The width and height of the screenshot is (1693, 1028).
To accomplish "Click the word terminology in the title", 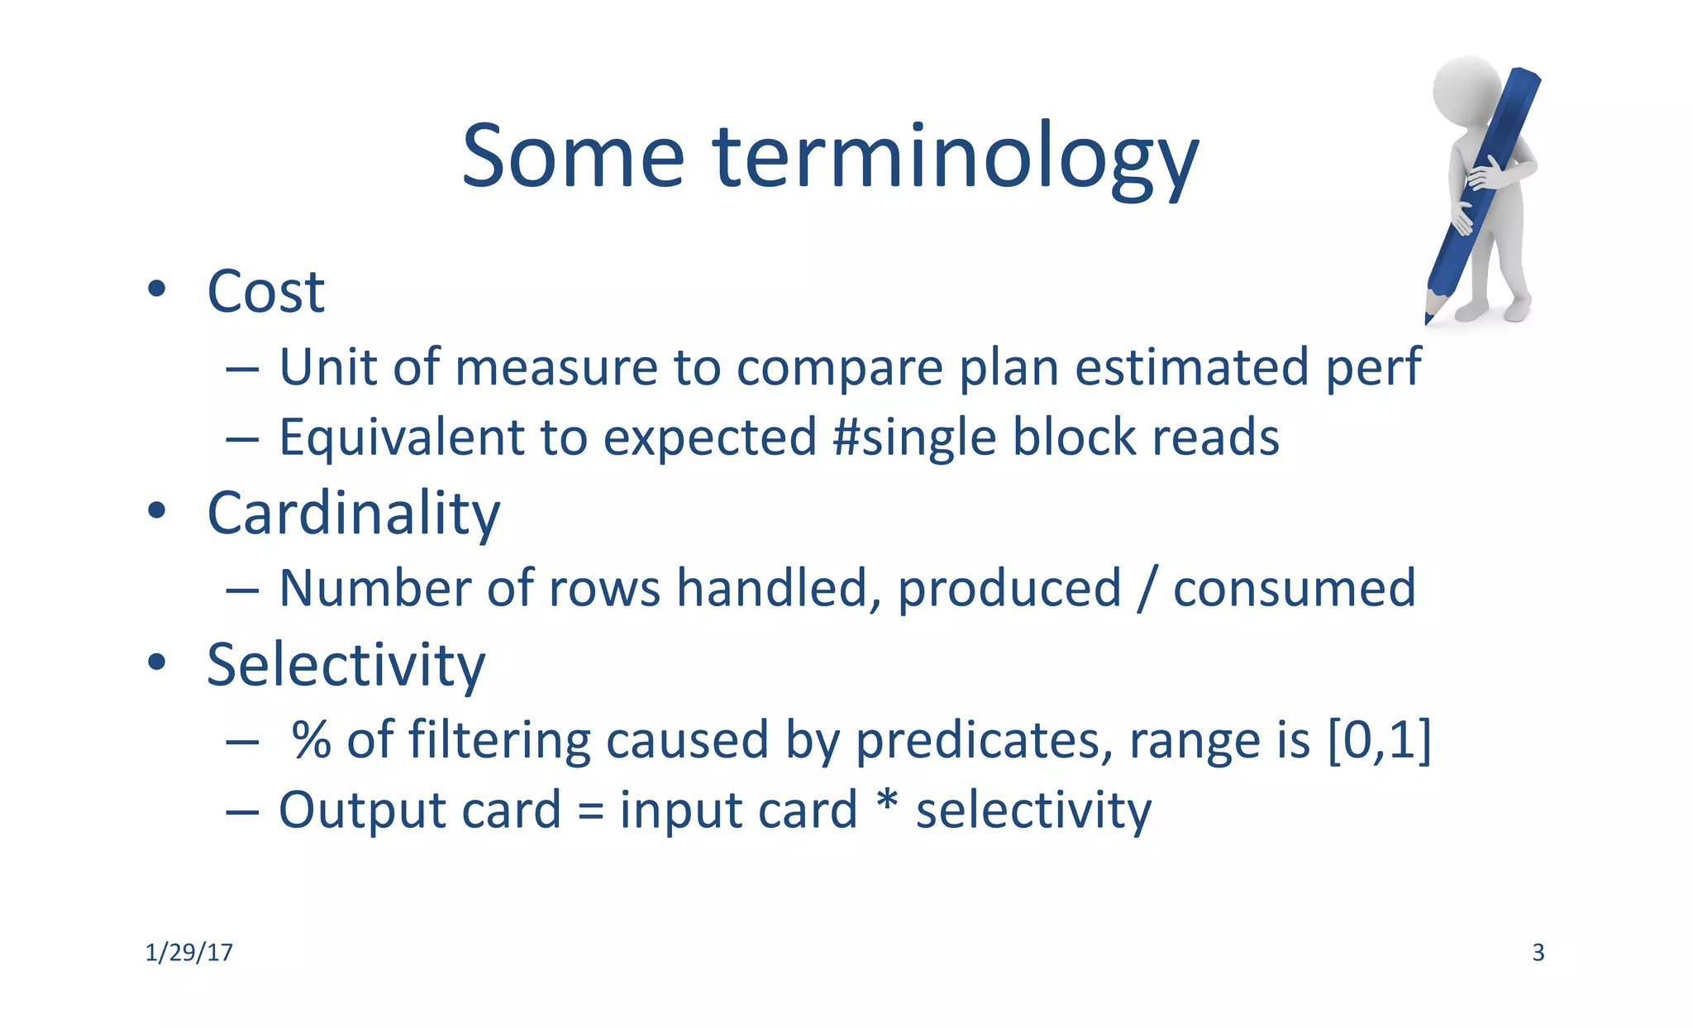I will [x=955, y=157].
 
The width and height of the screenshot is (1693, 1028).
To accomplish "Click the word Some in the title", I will [x=572, y=157].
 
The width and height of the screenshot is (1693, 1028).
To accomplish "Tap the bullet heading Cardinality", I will [x=353, y=514].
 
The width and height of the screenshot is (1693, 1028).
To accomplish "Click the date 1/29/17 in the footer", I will [x=188, y=953].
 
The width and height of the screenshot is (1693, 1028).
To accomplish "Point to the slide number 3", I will [x=1538, y=953].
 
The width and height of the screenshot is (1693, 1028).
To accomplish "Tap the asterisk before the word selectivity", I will [x=886, y=802].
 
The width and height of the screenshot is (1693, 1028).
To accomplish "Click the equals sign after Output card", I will [x=590, y=811].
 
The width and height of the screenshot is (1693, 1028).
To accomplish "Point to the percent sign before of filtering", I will [x=312, y=739].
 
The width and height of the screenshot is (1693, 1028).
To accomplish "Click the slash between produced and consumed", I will [x=1146, y=589].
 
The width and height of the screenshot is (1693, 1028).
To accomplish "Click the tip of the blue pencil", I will [x=1428, y=319].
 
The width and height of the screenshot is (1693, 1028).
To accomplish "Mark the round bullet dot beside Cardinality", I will [x=156, y=511].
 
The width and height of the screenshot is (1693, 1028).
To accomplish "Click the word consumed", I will [x=1294, y=589].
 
